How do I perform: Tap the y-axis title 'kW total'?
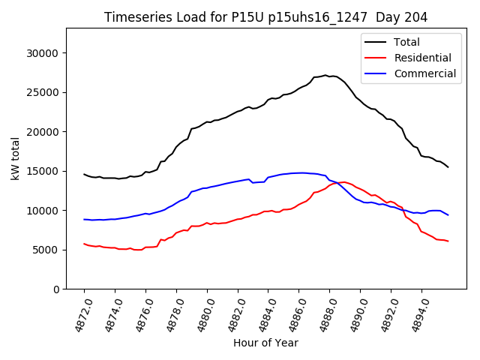[x=16, y=158]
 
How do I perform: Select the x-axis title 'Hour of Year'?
[x=265, y=343]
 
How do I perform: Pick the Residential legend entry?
[x=421, y=58]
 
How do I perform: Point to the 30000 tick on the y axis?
[x=42, y=53]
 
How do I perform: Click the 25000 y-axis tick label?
[x=42, y=93]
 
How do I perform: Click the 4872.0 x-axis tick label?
[x=78, y=313]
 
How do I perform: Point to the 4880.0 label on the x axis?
[x=201, y=313]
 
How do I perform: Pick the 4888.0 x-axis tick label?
[x=323, y=313]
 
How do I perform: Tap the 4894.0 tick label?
[x=415, y=313]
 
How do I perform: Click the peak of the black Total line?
[x=325, y=75]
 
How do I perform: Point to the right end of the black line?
[x=448, y=166]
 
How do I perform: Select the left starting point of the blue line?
[x=84, y=219]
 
